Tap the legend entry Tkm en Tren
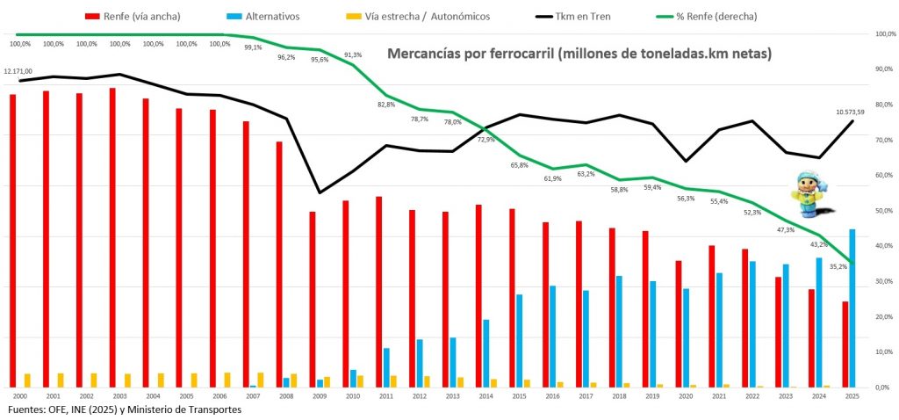(576, 16)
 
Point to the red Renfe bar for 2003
(112, 237)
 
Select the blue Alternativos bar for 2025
(852, 308)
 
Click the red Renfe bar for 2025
(845, 344)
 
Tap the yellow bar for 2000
(27, 380)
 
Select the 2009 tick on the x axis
(320, 397)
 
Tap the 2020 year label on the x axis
(686, 397)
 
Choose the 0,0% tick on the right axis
(884, 387)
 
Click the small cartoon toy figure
(806, 195)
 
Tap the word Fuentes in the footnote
(28, 410)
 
